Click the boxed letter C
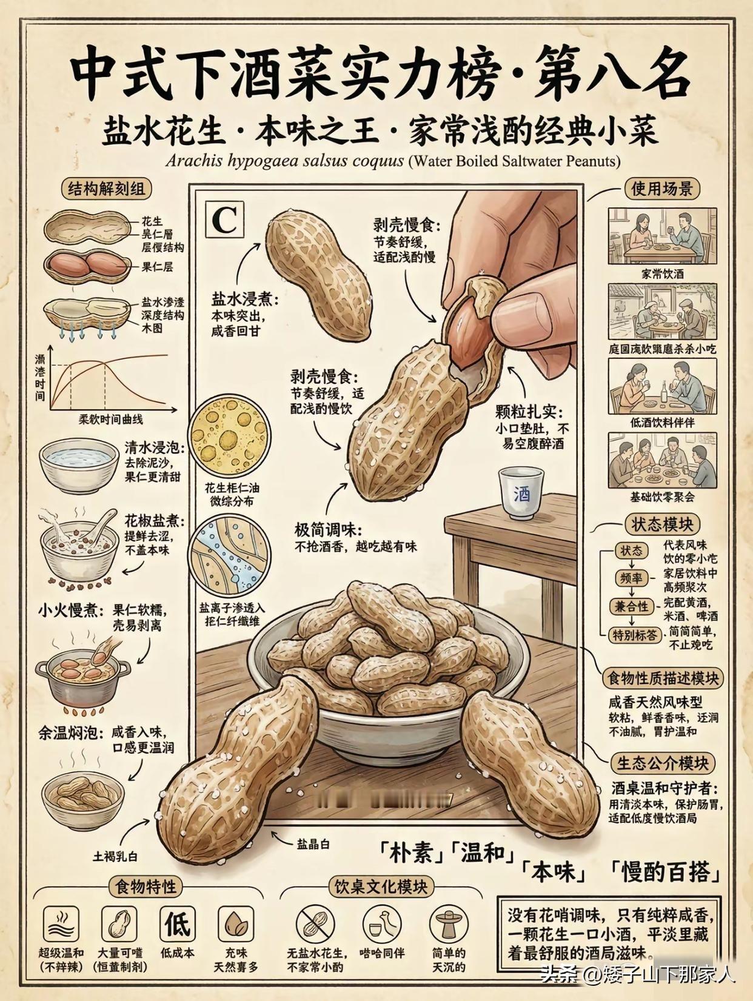coord(224,221)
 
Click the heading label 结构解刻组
coord(106,189)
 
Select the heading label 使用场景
coord(661,189)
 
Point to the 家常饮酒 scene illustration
coord(662,236)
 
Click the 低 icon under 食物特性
coord(177,923)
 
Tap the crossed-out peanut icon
coord(315,926)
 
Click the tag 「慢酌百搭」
coord(665,872)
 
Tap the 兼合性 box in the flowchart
coord(631,607)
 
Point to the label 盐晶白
coord(313,843)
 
